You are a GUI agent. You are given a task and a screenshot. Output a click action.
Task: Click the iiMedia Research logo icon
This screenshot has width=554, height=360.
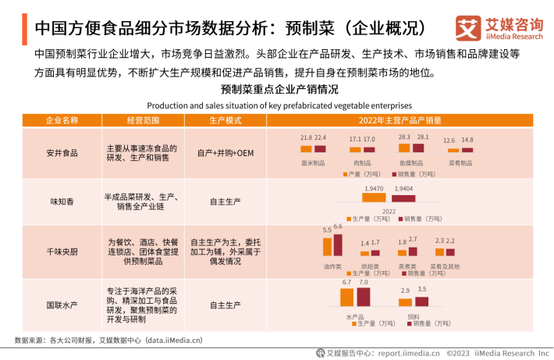[x=467, y=28]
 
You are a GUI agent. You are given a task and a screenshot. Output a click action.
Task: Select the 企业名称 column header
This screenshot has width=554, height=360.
[x=62, y=120]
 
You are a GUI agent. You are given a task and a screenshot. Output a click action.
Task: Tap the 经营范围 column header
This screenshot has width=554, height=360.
[x=143, y=120]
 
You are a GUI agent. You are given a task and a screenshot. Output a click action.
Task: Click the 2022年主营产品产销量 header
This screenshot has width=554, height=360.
[x=400, y=120]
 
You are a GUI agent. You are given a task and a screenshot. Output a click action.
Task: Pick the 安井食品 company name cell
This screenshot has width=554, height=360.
[x=62, y=153]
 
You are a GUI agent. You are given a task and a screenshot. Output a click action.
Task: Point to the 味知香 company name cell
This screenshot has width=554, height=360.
[x=62, y=201]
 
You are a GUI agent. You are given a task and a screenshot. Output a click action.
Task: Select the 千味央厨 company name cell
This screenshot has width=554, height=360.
[x=62, y=251]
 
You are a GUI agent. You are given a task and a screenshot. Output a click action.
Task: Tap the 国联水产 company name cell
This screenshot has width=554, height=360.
[x=62, y=304]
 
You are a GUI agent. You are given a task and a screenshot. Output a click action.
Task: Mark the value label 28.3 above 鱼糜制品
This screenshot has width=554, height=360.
[x=404, y=137]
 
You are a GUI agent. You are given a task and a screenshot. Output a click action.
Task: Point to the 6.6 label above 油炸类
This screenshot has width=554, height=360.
[x=338, y=226]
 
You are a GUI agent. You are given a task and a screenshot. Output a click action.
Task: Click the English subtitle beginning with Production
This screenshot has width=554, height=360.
[x=279, y=105]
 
